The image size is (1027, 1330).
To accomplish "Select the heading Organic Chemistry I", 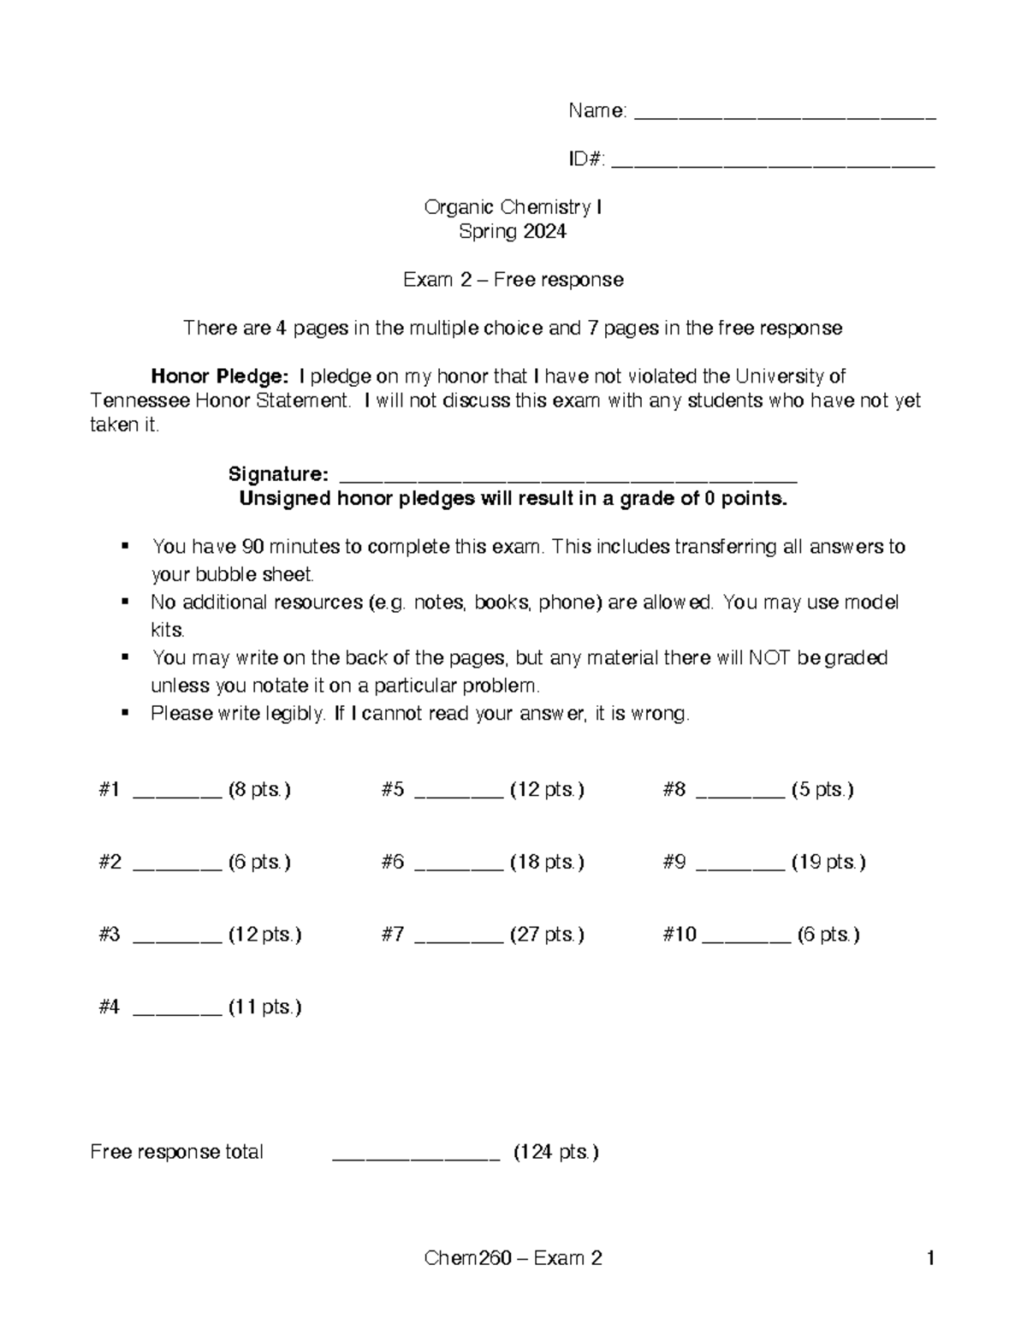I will (x=513, y=207).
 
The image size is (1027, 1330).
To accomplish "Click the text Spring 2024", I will (x=513, y=231).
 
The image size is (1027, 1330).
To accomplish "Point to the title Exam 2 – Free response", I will (x=513, y=280).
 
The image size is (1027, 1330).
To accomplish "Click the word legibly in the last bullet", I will (x=294, y=713).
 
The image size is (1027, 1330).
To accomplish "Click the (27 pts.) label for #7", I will (x=547, y=935).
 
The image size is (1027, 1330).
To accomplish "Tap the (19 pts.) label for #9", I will (x=828, y=862).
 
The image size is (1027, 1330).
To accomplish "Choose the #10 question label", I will (x=680, y=935).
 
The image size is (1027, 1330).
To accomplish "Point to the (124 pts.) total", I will (x=555, y=1152).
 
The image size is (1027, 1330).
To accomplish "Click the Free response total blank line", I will (x=415, y=1155).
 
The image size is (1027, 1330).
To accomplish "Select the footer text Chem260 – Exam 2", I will (x=513, y=1257).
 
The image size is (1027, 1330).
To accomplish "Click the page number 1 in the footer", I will (x=929, y=1257).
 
